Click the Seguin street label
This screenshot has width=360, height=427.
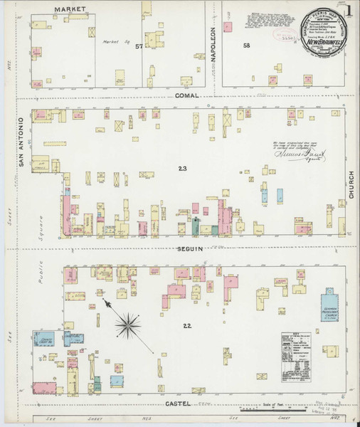pyautogui.click(x=191, y=248)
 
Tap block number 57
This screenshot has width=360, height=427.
pyautogui.click(x=139, y=46)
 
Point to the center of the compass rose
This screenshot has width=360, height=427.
pyautogui.click(x=129, y=326)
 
